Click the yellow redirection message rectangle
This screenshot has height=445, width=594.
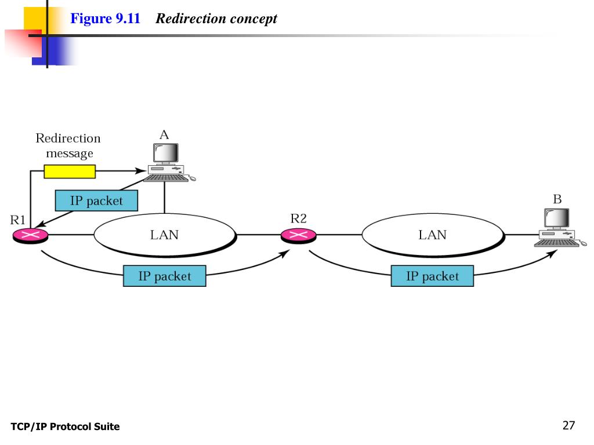(70, 172)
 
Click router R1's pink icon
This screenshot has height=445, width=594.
(31, 235)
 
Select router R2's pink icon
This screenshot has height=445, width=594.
(299, 235)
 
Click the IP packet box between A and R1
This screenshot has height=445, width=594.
(97, 200)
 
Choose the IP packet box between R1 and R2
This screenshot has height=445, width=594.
(165, 276)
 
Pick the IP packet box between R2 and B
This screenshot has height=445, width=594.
(432, 276)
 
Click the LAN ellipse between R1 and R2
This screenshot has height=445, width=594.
(165, 235)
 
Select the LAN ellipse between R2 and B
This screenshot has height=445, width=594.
(433, 235)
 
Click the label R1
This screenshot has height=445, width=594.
(18, 220)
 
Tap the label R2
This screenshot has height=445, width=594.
(299, 218)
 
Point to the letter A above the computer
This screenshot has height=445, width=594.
(164, 134)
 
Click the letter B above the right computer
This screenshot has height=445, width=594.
(557, 199)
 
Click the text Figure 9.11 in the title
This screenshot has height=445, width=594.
(106, 18)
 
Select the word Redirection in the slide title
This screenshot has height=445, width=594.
(191, 18)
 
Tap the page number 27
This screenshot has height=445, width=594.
(568, 425)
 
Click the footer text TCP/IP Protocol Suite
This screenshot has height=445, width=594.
(65, 426)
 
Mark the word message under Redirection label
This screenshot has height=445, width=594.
(70, 154)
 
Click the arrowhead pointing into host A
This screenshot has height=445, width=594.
(141, 171)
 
